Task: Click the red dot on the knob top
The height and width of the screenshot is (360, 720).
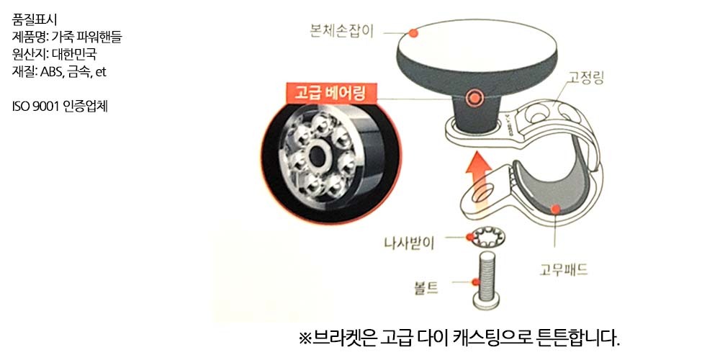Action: pos(413,32)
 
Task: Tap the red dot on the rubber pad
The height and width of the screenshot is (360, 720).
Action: pos(556,210)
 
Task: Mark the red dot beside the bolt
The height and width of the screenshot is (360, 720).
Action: pos(475,282)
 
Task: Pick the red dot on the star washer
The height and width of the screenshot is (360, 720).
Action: pos(469,237)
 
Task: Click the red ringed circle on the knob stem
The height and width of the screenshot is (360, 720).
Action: pos(474,97)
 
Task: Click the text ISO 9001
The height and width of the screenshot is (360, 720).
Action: pos(35,107)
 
